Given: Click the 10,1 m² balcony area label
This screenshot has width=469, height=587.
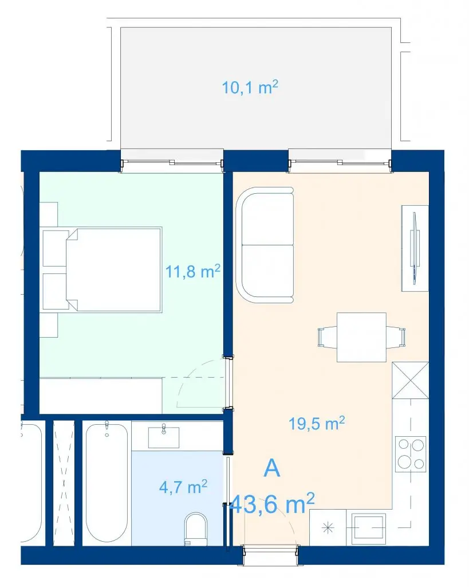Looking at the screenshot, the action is point(250,87).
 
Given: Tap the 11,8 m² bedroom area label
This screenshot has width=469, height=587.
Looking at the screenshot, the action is point(192,271).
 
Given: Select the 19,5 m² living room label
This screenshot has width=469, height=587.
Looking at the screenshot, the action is point(317,424).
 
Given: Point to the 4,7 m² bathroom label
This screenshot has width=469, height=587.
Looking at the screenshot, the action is point(183,487).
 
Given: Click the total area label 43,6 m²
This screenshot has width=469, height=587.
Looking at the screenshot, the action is point(271,503).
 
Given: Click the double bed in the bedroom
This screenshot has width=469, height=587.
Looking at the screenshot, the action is point(114,269).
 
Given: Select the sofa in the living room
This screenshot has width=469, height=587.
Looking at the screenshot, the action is point(265,245).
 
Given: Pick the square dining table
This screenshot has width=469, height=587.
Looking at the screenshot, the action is point(361,337).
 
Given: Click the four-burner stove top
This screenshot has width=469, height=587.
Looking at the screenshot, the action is point(411,454).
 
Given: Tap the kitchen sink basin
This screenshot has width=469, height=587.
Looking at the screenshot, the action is point(368,529).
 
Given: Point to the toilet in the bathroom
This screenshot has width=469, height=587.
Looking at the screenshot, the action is point(196,529).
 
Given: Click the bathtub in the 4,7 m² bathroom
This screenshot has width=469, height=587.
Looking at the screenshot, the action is point(107,483).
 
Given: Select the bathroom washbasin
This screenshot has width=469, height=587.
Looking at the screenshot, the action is point(164,437).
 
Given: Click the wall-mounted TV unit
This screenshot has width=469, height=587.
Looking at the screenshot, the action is point(415,248).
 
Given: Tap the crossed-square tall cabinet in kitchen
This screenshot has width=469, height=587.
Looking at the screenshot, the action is point(410,381).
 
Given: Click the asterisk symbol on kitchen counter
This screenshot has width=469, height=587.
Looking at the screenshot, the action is point(328,528).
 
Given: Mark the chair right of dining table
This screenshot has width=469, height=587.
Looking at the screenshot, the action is point(396,336).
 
